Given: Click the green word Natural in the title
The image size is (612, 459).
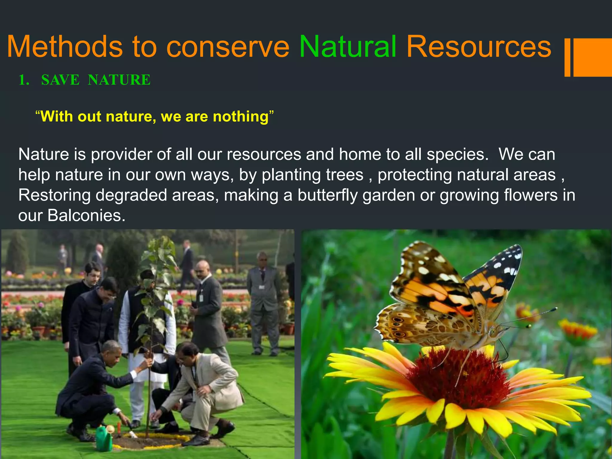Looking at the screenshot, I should click(x=348, y=47).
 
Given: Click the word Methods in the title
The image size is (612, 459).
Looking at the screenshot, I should click(x=65, y=47).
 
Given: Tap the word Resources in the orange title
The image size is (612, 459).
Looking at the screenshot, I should click(x=479, y=47).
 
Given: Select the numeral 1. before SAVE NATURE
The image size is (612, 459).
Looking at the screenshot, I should click(x=24, y=80).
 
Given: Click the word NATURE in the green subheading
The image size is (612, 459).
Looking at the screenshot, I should click(x=119, y=80).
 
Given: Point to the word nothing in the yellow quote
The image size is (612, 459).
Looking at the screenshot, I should click(x=241, y=117).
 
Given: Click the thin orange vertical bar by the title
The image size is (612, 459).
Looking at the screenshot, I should click(x=567, y=57).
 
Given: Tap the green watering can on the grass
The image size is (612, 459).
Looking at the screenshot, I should click(x=104, y=438).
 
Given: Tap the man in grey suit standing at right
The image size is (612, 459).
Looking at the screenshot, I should click(x=263, y=302).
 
